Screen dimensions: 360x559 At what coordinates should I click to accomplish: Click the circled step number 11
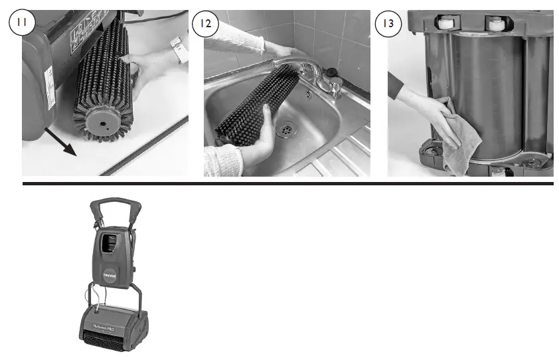[21, 23]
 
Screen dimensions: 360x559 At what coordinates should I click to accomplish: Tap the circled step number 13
[388, 23]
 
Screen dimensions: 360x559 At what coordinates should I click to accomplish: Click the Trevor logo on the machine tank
[109, 272]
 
